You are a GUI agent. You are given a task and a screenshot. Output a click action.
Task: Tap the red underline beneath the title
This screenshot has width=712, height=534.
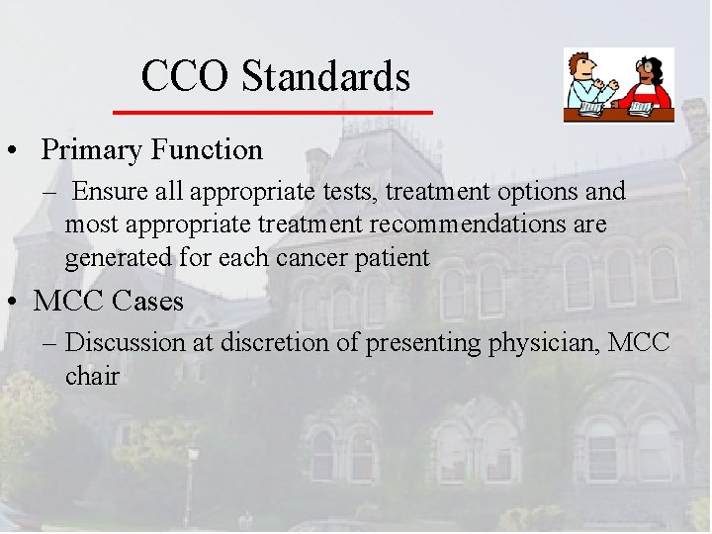click(x=273, y=113)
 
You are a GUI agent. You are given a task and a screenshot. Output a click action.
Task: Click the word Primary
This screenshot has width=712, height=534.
click(x=92, y=150)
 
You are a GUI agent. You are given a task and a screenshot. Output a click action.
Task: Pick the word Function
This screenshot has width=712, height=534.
click(x=207, y=150)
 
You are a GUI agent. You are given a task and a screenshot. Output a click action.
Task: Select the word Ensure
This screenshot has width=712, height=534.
click(x=107, y=191)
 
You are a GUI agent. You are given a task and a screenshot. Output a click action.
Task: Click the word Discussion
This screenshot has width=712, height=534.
click(x=125, y=343)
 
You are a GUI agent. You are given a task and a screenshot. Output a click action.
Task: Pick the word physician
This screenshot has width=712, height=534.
click(x=549, y=344)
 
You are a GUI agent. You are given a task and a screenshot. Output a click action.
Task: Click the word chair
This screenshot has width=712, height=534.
click(x=92, y=377)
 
